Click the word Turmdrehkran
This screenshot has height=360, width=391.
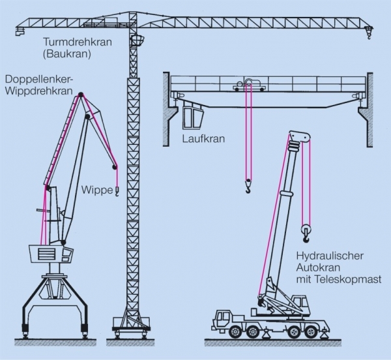point(78,42)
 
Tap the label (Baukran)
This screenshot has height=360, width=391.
point(67,54)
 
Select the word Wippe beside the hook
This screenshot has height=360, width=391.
point(97,190)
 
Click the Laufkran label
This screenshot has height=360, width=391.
point(203,139)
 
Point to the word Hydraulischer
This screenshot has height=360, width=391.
point(330,256)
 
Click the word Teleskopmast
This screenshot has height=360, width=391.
point(349,279)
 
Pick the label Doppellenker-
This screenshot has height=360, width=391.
point(38,79)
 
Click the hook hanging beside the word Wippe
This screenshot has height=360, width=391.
point(117,191)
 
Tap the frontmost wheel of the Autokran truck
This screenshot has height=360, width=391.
point(235,331)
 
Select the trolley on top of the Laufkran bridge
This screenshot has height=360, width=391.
point(250,85)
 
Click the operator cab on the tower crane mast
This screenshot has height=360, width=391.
point(137,40)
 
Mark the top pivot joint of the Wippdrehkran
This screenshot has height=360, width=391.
point(81,95)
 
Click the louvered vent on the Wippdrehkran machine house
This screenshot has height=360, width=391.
point(47,254)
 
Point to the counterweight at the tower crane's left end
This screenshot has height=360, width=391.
point(20,31)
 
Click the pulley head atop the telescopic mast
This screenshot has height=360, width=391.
point(300,137)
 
